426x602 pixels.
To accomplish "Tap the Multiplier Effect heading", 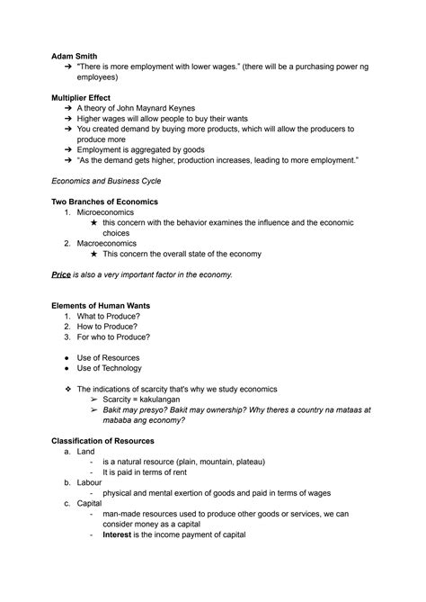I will click(x=89, y=94).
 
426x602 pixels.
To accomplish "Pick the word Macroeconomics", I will click(x=107, y=242).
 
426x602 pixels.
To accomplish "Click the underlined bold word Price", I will click(x=61, y=274).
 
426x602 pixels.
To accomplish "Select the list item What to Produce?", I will click(x=109, y=317).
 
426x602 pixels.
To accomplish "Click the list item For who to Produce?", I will click(x=113, y=337).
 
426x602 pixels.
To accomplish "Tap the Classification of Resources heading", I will click(x=102, y=441).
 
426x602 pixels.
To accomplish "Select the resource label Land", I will click(x=85, y=451).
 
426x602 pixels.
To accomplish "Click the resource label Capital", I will click(x=90, y=503).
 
